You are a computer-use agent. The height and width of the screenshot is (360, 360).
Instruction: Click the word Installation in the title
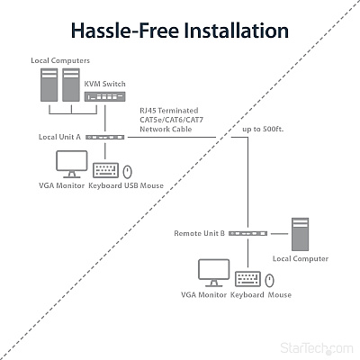(236, 31)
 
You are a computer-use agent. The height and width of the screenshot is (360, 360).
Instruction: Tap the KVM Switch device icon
(104, 96)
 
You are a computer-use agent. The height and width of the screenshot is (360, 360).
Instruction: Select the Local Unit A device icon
(105, 137)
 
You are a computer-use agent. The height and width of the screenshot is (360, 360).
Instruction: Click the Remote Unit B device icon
(248, 233)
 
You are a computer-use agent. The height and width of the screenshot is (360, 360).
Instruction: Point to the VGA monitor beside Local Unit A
(72, 164)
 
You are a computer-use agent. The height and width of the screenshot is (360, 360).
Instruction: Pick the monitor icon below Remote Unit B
(214, 273)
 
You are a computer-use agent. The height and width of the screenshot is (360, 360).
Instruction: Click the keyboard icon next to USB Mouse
(105, 170)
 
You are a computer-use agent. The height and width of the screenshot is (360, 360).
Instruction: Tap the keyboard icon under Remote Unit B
(247, 279)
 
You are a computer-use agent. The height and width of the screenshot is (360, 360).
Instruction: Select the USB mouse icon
(128, 172)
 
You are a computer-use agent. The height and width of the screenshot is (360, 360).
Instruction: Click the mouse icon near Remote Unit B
(270, 281)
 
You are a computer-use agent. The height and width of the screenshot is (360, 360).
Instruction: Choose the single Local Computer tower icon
(300, 234)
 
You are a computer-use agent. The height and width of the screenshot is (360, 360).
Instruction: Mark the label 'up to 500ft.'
(263, 129)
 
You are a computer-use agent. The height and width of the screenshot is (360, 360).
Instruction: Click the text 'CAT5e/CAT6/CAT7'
(172, 120)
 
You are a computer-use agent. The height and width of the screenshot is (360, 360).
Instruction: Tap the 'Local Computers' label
(60, 60)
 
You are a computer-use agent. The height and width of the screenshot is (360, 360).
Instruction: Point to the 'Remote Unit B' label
(199, 233)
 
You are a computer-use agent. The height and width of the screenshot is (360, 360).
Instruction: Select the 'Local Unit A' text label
(59, 137)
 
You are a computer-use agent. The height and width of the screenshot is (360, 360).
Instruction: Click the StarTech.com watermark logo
(317, 348)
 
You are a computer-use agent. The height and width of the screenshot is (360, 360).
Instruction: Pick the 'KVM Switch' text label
(104, 84)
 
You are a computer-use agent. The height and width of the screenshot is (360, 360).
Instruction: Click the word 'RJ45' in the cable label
(148, 111)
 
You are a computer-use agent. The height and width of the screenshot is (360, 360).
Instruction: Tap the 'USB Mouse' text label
(144, 185)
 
